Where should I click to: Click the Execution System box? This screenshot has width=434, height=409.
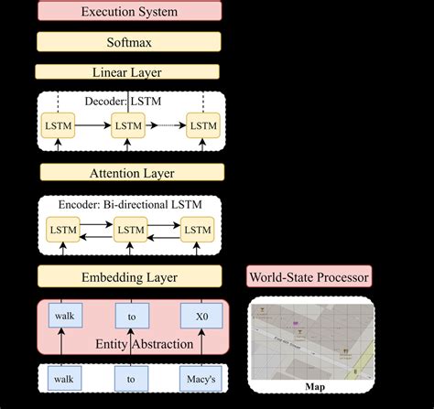(x=129, y=12)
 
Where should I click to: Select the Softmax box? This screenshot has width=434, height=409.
(x=129, y=41)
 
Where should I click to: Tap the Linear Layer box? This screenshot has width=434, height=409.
(x=129, y=71)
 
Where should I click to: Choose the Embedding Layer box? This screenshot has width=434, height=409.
(x=129, y=276)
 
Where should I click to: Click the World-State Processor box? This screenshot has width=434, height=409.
(x=309, y=276)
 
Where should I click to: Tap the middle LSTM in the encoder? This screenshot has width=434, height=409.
(x=129, y=230)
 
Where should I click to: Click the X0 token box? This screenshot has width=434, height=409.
(x=201, y=317)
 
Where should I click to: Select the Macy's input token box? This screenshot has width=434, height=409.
(x=201, y=376)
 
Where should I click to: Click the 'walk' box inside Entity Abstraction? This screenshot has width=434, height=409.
(x=63, y=317)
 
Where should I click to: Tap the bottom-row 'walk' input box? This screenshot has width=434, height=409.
(x=63, y=376)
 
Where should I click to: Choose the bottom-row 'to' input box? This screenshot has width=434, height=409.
(x=131, y=376)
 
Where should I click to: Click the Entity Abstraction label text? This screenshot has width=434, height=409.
(x=131, y=344)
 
